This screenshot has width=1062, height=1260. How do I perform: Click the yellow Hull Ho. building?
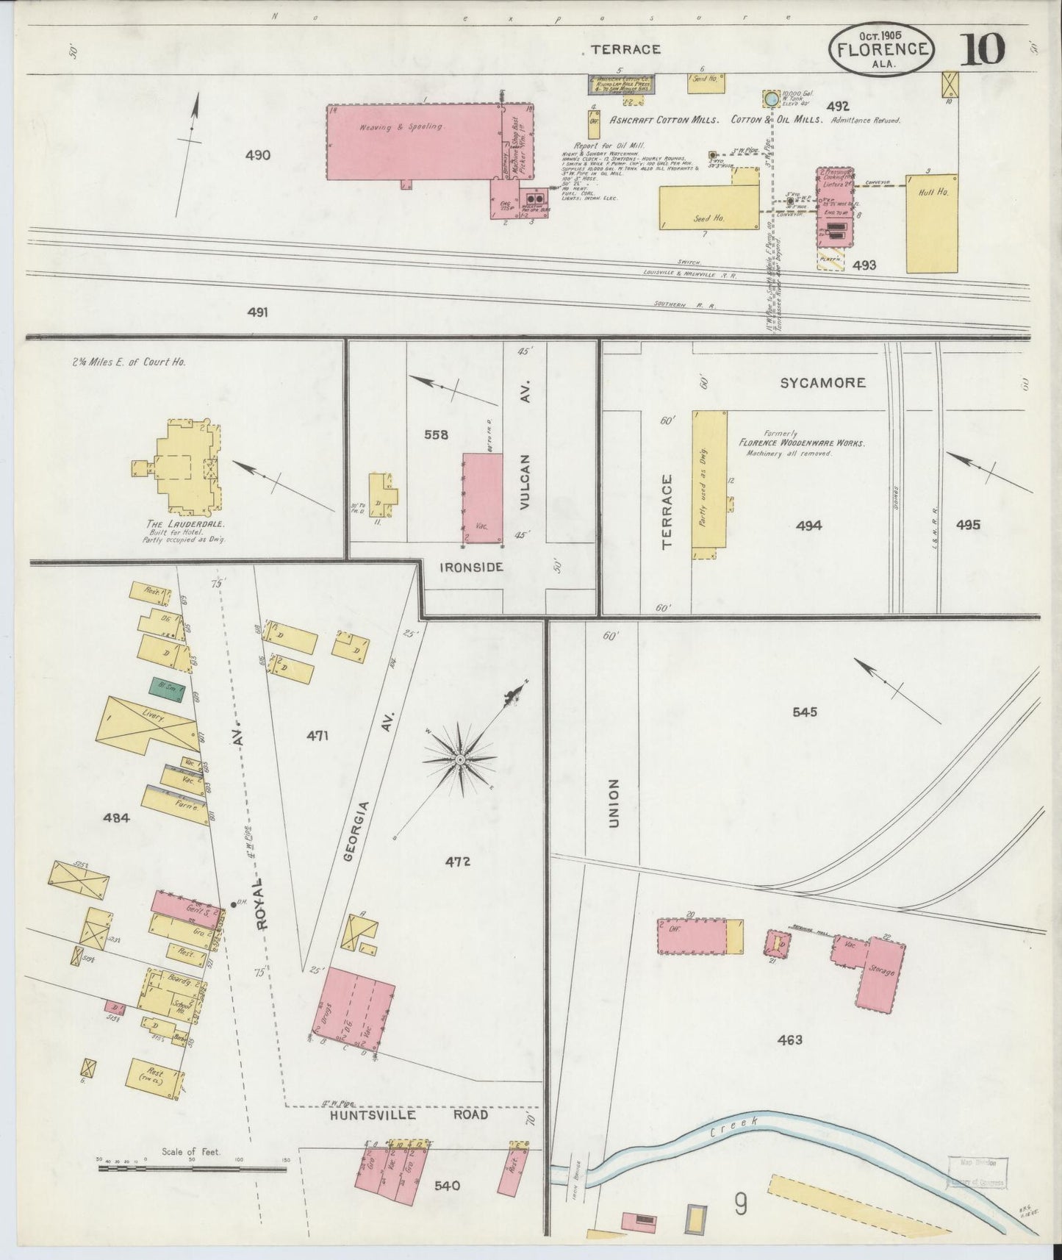point(932,224)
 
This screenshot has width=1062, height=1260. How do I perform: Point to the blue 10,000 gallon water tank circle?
point(770,99)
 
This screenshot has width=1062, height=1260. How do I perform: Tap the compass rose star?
point(460,759)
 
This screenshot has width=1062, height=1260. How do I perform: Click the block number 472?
point(457,862)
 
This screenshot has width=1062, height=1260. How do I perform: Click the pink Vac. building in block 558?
point(482,500)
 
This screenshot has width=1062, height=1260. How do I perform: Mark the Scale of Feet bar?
point(192,1168)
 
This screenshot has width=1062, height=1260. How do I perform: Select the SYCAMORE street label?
point(822,382)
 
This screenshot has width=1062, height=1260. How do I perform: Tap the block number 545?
point(804,712)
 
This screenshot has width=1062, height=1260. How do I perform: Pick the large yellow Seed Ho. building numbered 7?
point(708,208)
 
